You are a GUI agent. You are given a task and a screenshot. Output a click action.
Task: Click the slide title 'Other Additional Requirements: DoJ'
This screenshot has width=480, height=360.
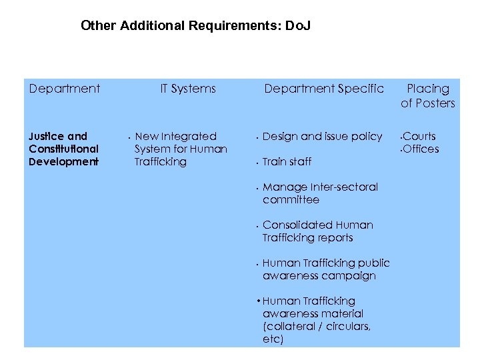pos(195,26)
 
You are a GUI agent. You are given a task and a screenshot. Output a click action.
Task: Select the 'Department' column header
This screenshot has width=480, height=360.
pos(65,89)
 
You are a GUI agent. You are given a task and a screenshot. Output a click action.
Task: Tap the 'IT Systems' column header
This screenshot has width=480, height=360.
pos(188,89)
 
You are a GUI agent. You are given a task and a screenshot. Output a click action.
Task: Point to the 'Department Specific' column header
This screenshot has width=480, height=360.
pos(323,89)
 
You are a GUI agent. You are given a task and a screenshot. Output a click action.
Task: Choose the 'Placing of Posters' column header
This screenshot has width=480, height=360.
pos(427,95)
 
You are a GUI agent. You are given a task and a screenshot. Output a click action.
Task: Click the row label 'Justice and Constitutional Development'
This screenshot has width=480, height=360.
pos(63,149)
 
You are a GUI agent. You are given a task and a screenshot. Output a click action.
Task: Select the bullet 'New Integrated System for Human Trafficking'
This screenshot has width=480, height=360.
pos(180,149)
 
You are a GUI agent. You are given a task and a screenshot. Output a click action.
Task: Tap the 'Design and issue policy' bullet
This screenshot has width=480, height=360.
pos(322,137)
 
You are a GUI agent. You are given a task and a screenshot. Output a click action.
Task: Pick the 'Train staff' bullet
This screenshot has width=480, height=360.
pos(287,162)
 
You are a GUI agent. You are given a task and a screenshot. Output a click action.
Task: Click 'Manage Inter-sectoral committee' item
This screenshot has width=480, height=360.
pos(320,193)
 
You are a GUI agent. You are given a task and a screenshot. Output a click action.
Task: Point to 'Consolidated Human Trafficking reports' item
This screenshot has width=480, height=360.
pos(317,231)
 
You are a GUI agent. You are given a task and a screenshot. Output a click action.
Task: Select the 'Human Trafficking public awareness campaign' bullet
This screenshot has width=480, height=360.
pos(325,269)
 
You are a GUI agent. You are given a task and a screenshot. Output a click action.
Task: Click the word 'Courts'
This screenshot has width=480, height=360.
pos(419,137)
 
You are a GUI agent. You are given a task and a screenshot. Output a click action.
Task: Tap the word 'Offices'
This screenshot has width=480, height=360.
pos(421,149)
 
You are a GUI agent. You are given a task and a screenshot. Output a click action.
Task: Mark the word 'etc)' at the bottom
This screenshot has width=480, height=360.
pos(273,339)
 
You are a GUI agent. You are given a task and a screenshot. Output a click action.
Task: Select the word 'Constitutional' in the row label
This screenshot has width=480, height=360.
pos(63,149)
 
